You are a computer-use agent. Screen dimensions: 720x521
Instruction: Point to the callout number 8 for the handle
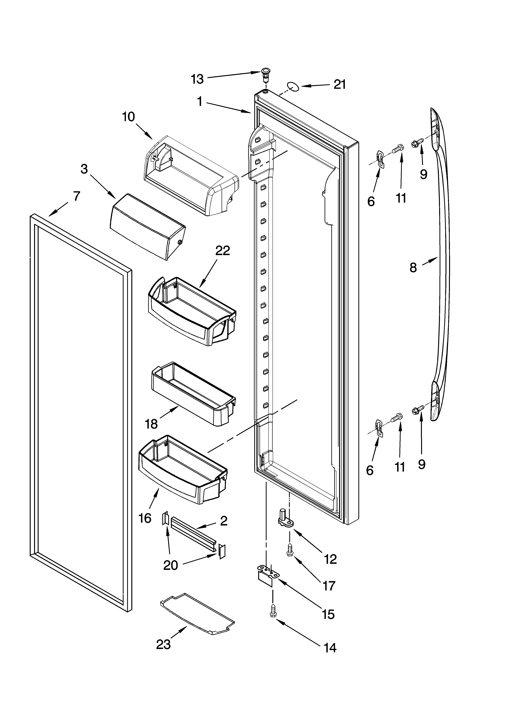point(413,268)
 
